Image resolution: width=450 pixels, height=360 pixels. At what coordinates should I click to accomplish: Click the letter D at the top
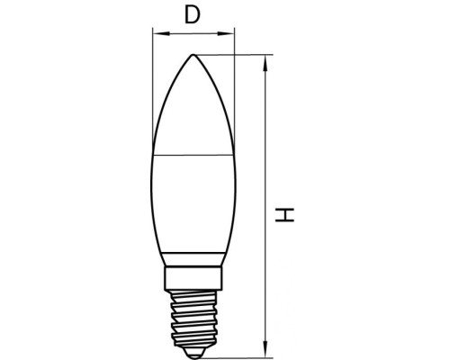click(191, 14)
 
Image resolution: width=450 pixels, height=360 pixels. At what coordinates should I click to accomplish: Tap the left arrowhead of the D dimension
click(156, 34)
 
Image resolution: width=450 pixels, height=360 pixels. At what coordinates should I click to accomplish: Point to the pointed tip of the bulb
click(193, 55)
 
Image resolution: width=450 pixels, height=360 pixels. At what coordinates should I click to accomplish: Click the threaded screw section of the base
click(193, 315)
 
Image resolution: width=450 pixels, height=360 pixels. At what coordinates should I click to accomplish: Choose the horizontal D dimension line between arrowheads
click(193, 34)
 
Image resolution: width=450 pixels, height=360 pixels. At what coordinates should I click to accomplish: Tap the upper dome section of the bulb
click(193, 108)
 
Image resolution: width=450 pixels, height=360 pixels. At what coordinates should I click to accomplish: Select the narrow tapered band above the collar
click(193, 259)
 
